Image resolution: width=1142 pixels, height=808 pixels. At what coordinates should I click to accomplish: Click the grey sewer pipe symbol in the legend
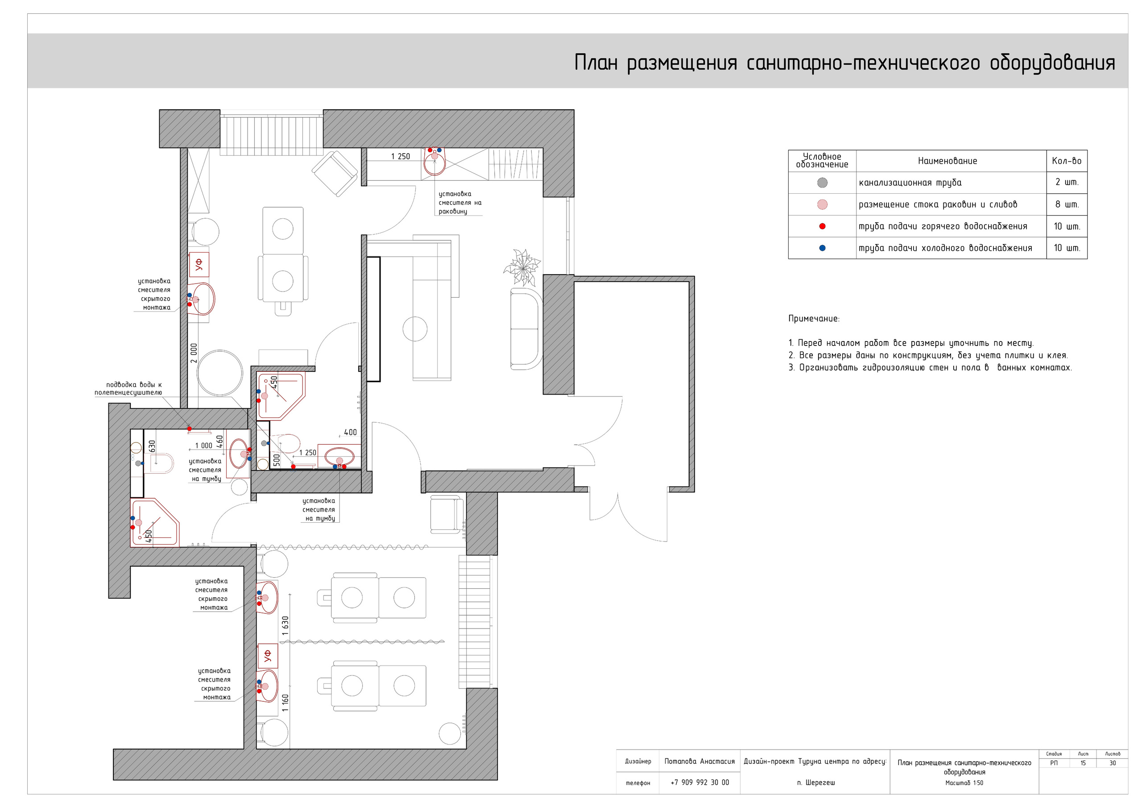pos(822,183)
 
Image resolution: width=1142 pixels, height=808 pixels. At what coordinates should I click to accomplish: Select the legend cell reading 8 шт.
pos(1067,204)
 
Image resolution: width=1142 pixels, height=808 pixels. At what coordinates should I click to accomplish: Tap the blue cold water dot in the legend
pos(822,248)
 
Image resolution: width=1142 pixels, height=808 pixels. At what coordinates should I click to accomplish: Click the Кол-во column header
pos(1067,161)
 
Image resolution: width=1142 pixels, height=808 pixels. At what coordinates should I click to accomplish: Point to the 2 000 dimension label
pos(194,353)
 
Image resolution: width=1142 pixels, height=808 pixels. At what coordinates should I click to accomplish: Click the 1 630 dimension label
pos(285,626)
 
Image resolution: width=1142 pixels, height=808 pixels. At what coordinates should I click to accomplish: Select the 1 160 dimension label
pos(285,703)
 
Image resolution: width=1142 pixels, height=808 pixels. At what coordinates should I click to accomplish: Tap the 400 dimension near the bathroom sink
pos(350,432)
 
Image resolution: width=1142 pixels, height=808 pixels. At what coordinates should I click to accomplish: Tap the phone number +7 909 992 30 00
pos(699,782)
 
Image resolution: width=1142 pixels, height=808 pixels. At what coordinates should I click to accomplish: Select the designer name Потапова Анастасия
pos(699,761)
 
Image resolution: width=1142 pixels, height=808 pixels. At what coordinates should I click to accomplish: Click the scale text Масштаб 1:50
pos(964,783)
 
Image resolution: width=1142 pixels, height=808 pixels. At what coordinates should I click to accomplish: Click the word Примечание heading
pos(814,319)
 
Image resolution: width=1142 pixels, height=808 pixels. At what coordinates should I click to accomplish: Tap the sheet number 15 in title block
pos(1082,763)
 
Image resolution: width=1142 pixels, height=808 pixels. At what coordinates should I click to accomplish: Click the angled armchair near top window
pos(335,174)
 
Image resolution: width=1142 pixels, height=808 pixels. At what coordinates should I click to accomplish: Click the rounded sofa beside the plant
pos(525,329)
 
